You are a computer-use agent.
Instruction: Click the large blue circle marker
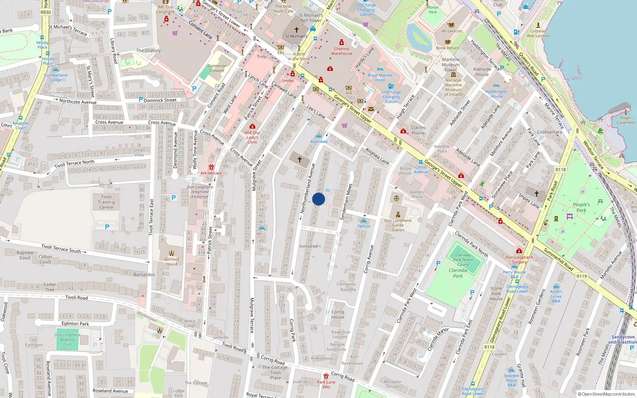pyautogui.click(x=318, y=199)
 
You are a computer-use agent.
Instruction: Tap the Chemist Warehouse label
pyautogui.click(x=342, y=51)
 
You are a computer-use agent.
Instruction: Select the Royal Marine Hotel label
pyautogui.click(x=380, y=78)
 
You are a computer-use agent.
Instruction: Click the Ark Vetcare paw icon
pyautogui.click(x=211, y=167)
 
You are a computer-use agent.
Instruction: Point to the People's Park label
pyautogui.click(x=581, y=207)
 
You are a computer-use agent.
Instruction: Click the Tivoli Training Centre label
pyautogui.click(x=106, y=202)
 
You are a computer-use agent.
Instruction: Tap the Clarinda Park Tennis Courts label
pyautogui.click(x=463, y=260)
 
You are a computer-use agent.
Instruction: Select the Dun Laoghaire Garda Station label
pyautogui.click(x=398, y=225)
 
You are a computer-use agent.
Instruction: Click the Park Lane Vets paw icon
pyautogui.click(x=326, y=376)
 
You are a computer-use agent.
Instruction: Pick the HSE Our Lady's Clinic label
pyautogui.click(x=252, y=137)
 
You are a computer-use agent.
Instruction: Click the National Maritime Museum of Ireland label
pyautogui.click(x=453, y=87)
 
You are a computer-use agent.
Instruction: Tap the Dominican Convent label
pyautogui.click(x=217, y=68)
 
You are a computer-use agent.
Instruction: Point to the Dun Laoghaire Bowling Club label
pyautogui.click(x=67, y=339)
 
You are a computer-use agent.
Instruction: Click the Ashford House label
pyautogui.click(x=172, y=261)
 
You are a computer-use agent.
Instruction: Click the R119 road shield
pyautogui.click(x=582, y=276)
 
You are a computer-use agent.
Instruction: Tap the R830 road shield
pyautogui.click(x=46, y=12)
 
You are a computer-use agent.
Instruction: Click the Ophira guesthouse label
pyautogui.click(x=363, y=226)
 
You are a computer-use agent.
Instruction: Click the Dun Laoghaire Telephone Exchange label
pyautogui.click(x=200, y=192)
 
